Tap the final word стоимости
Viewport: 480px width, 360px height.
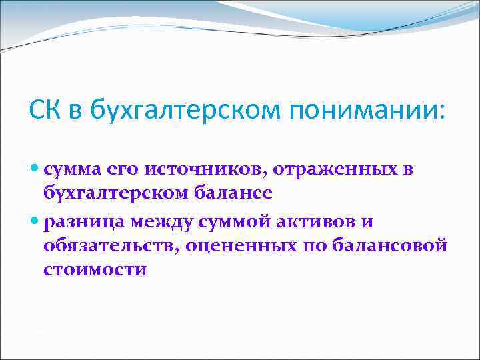click(95, 270)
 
